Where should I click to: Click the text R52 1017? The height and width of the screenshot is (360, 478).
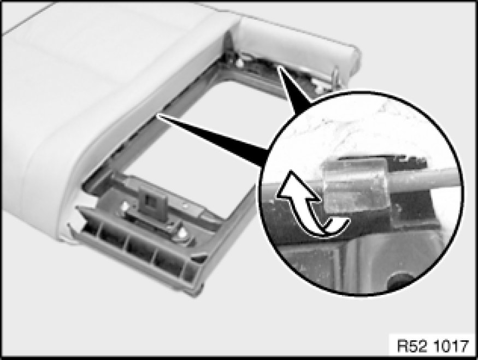(x=433, y=346)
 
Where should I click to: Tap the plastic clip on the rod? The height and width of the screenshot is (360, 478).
(x=355, y=185)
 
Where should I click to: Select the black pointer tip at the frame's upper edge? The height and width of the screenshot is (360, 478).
(x=280, y=68)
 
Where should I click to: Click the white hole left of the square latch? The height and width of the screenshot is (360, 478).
(x=125, y=207)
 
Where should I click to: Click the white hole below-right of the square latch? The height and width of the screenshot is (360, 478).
(x=182, y=233)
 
